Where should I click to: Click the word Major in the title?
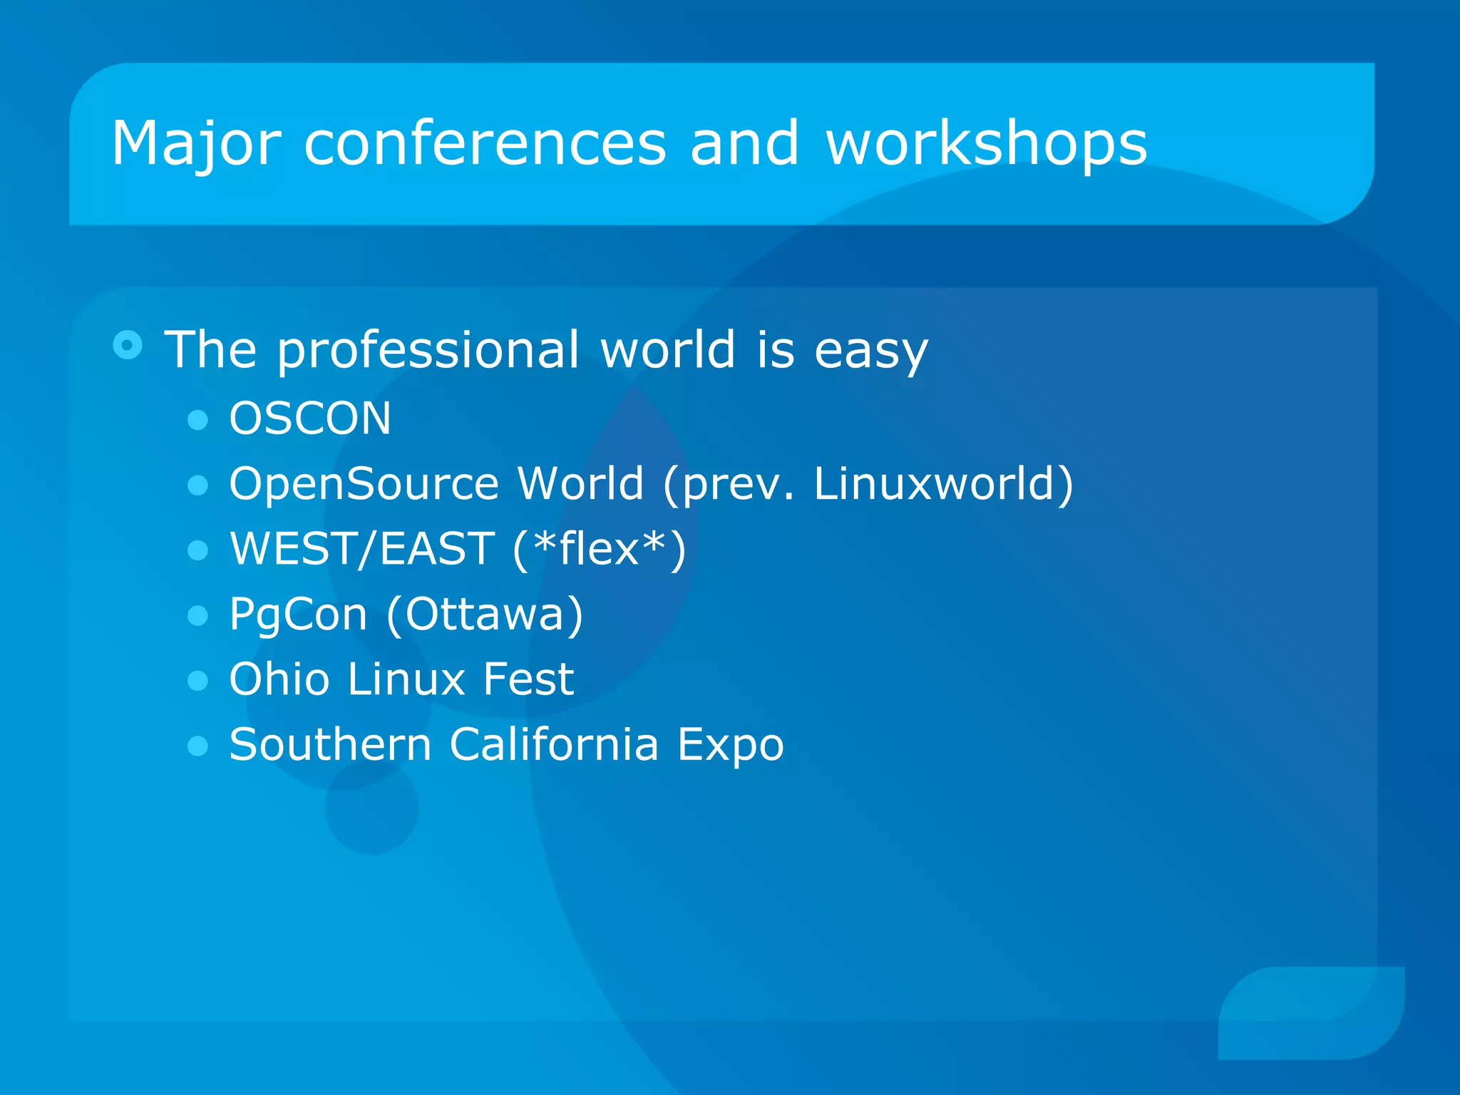coord(196,145)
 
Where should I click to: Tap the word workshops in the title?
coord(986,145)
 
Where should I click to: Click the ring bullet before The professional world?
coord(128,346)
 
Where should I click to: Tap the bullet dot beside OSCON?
coord(197,419)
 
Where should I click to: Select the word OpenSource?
coord(364,484)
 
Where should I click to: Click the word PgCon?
coord(298,615)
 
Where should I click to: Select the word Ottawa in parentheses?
coord(485,614)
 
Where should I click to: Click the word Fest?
coord(528,679)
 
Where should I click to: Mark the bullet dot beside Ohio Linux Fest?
coord(197,680)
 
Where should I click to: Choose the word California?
coord(554,744)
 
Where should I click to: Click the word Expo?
coord(730,746)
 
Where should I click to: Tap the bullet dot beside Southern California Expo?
coord(197,746)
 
